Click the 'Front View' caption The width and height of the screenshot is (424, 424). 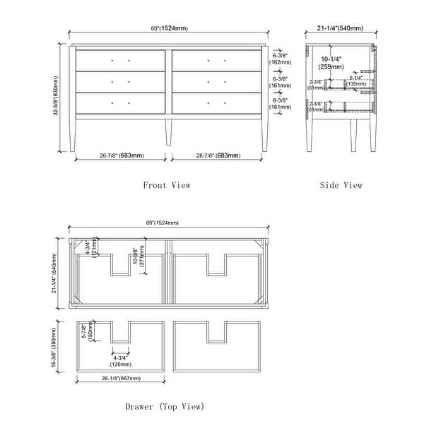click(167, 185)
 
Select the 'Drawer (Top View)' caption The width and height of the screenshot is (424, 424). click(165, 406)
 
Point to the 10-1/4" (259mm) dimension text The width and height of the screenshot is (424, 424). click(331, 63)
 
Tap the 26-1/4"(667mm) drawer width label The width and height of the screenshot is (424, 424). click(120, 378)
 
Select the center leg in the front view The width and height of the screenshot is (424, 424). click(168, 131)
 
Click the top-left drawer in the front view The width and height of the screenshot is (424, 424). click(120, 60)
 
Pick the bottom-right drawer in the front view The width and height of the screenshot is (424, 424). click(217, 103)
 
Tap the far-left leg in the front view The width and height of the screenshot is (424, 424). click(73, 134)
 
